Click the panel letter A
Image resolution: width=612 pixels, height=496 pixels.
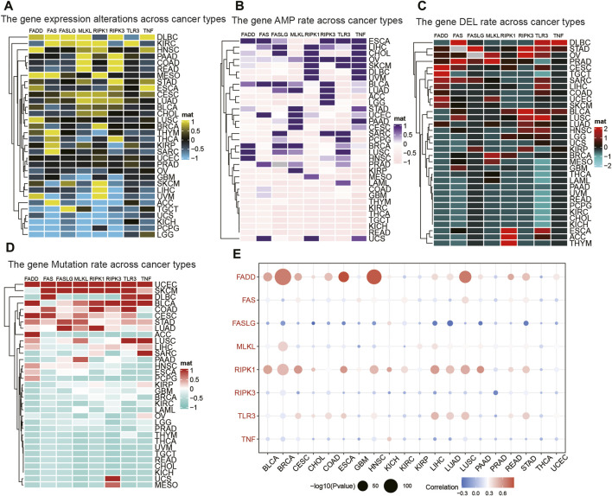[8, 8]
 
